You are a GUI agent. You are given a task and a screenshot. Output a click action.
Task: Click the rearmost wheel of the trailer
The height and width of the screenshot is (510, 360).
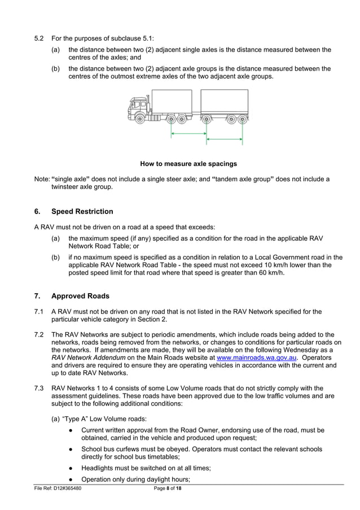coord(242,119)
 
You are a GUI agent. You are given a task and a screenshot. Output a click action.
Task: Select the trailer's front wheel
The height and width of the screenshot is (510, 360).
coord(207,119)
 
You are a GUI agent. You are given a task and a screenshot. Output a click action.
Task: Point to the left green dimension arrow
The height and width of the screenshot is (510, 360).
coord(188,134)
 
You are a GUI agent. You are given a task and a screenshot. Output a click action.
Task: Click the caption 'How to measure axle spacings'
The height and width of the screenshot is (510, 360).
coord(188,164)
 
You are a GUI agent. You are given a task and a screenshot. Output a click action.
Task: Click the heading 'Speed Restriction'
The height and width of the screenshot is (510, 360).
coord(82,212)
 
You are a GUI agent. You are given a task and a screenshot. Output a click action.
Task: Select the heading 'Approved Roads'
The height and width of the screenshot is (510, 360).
coord(80,296)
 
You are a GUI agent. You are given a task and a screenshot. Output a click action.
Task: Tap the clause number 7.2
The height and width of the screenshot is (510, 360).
coord(39,334)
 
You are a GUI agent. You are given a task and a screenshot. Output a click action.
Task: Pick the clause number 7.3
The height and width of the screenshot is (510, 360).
coord(39,388)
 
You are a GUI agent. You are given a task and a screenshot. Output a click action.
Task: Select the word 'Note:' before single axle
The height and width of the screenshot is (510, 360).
coord(42,179)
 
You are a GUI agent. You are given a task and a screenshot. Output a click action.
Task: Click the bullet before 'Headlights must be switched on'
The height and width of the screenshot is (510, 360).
coord(70,468)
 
